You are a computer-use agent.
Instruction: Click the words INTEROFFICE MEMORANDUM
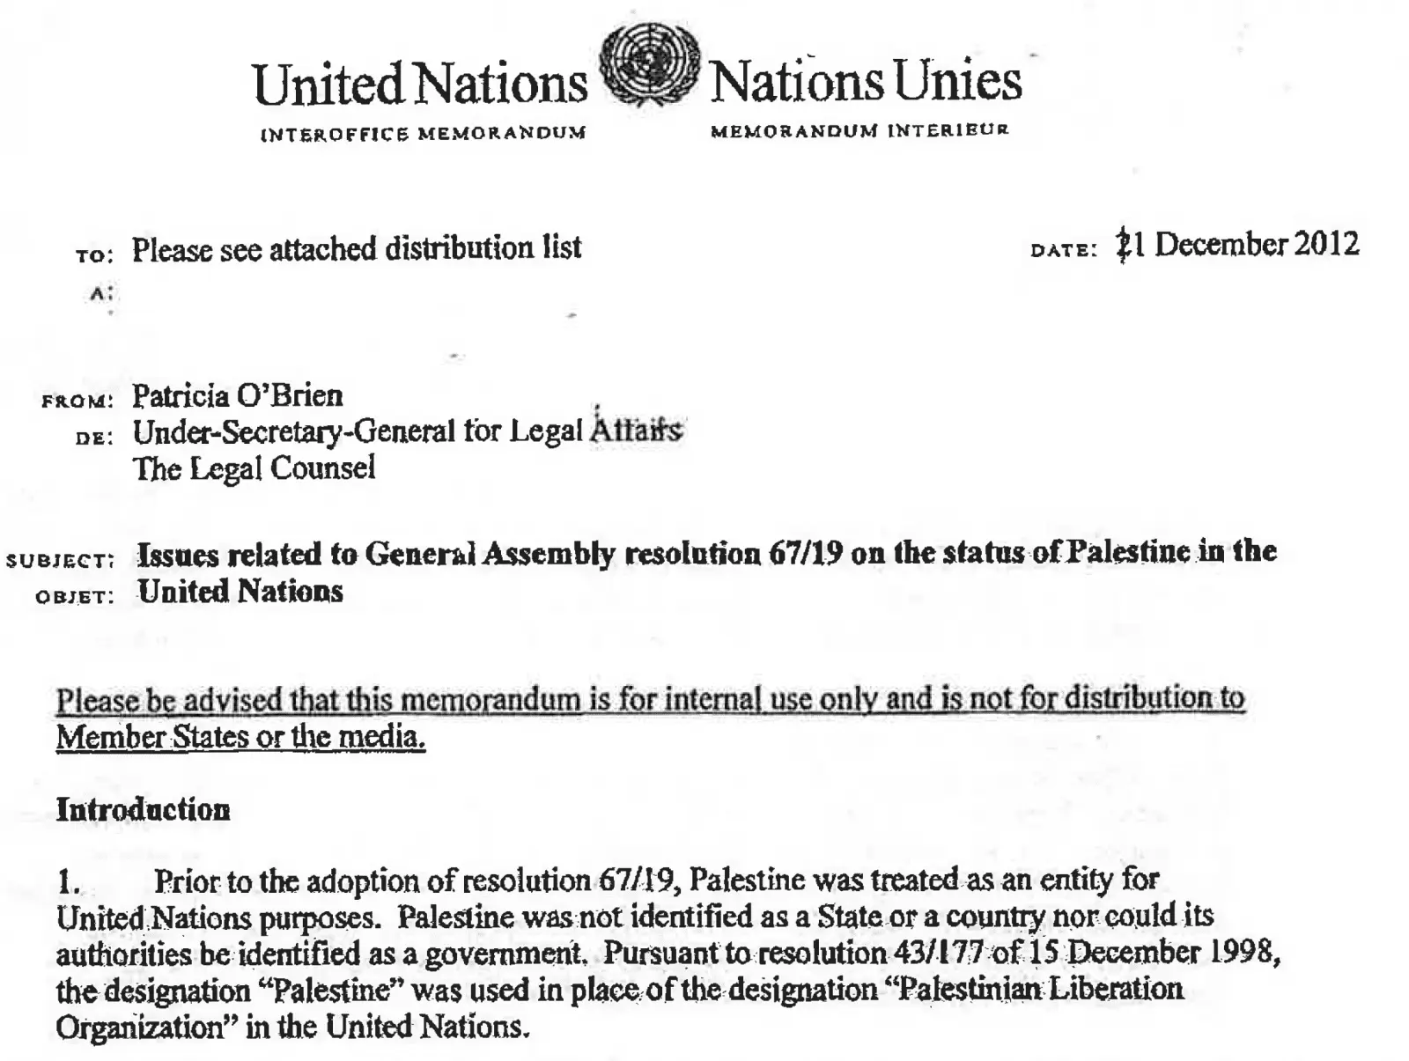423,134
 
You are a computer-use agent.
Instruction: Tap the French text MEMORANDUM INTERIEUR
859,131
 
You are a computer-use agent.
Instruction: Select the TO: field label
94,255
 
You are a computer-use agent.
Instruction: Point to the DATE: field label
1064,250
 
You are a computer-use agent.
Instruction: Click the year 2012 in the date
1326,243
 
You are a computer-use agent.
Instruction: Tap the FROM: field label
77,402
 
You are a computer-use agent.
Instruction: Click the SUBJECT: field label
60,561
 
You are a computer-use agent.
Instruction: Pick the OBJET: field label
75,597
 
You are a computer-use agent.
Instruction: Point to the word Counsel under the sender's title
323,468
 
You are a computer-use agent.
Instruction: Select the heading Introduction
143,809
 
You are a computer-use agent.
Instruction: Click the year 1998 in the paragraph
1243,952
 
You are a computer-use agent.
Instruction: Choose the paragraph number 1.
68,880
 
